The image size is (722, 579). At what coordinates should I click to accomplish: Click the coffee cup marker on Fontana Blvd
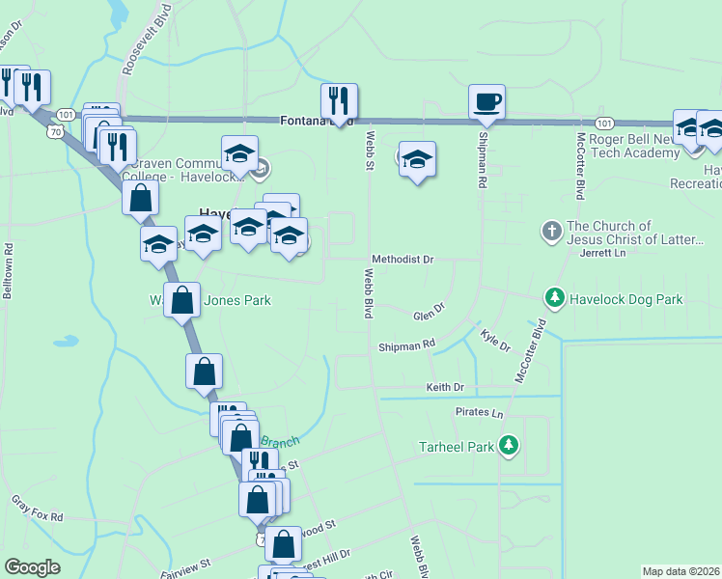click(x=486, y=102)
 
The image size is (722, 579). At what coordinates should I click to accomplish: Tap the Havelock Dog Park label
click(x=625, y=299)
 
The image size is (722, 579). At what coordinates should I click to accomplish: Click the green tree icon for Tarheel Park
click(x=509, y=446)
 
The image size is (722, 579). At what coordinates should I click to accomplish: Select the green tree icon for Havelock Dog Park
click(x=554, y=298)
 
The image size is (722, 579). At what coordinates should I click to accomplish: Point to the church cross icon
click(x=551, y=232)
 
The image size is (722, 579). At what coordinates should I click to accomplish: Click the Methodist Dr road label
click(x=403, y=260)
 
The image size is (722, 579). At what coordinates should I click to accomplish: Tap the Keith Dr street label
click(x=445, y=387)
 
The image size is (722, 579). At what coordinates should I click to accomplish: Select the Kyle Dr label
click(x=494, y=339)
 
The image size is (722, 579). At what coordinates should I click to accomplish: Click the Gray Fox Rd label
click(x=37, y=508)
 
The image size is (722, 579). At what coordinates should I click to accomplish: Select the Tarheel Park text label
click(x=456, y=447)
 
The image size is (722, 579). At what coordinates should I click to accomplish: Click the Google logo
click(x=32, y=567)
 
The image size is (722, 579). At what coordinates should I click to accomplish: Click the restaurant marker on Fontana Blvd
click(x=339, y=101)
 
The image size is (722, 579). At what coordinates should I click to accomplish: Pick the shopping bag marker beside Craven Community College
click(x=141, y=199)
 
